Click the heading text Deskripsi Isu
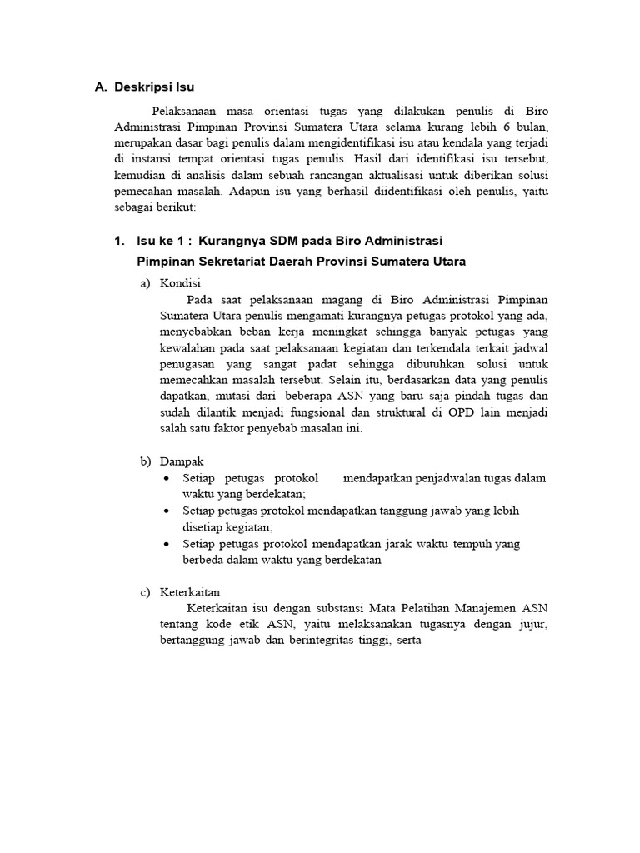154,87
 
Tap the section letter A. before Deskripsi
101,87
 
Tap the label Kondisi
182,283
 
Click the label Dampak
181,461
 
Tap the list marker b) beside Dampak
145,461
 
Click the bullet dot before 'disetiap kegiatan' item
167,511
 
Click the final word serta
407,641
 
